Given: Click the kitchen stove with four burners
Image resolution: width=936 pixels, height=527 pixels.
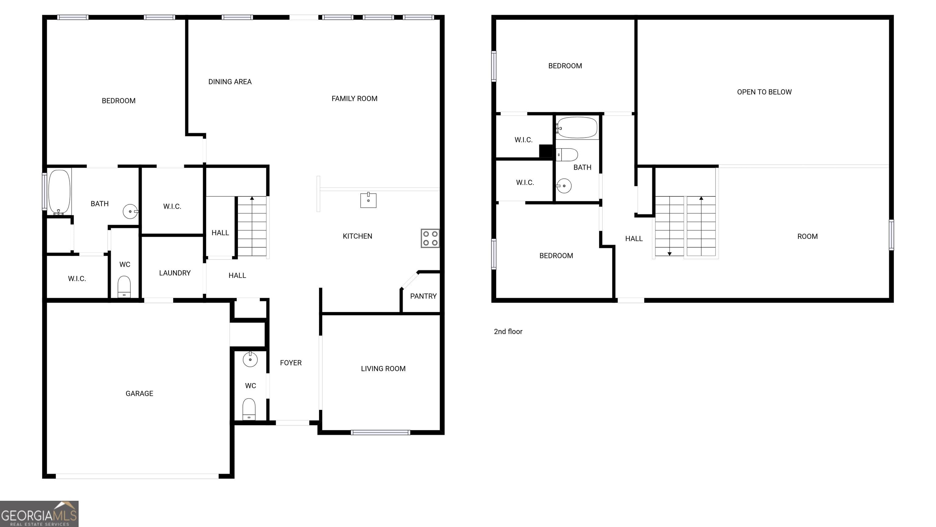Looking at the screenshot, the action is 430,238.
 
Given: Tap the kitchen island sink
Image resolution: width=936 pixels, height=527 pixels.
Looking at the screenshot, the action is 368,200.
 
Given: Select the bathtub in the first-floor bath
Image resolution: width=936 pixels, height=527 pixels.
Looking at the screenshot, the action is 59,192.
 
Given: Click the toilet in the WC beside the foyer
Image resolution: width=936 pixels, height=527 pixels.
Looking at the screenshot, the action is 249,409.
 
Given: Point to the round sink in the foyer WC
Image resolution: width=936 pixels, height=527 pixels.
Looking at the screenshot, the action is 250,359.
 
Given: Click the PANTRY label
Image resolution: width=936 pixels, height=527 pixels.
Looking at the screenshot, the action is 423,296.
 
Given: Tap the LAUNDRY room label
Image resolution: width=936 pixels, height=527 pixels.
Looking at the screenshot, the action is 175,273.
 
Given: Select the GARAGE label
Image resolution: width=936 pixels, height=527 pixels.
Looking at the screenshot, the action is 140,393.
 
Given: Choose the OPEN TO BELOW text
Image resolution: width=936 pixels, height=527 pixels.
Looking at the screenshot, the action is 764,92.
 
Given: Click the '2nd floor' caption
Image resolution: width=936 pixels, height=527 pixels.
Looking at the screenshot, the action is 508,331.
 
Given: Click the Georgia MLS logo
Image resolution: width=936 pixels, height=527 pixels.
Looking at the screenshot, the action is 39,514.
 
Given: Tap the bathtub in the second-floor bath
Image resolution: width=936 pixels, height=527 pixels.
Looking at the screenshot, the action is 577,127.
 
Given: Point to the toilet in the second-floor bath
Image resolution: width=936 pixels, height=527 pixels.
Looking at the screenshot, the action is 567,155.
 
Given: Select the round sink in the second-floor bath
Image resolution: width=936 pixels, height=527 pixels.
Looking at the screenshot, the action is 564,186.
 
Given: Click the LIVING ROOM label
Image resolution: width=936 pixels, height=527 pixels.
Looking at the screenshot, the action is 383,368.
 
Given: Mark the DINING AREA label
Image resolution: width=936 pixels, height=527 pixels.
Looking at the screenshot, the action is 230,82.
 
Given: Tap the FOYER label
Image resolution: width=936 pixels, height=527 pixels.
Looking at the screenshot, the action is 291,363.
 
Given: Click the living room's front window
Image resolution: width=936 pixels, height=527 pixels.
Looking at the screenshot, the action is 381,432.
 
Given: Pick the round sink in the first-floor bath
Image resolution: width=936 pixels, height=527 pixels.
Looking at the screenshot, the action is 130,211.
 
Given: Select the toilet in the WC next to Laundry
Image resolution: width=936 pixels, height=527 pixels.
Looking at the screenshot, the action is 124,287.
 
